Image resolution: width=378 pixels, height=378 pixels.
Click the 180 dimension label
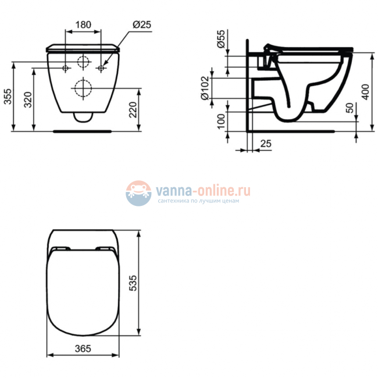[84, 25]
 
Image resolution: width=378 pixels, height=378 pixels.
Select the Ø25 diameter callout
[142, 25]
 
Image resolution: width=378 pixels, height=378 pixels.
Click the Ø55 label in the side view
[221, 40]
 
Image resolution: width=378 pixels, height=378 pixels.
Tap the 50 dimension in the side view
[349, 109]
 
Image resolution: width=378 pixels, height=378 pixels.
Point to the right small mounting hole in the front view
[102, 68]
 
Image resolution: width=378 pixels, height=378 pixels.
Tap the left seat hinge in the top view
[59, 250]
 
